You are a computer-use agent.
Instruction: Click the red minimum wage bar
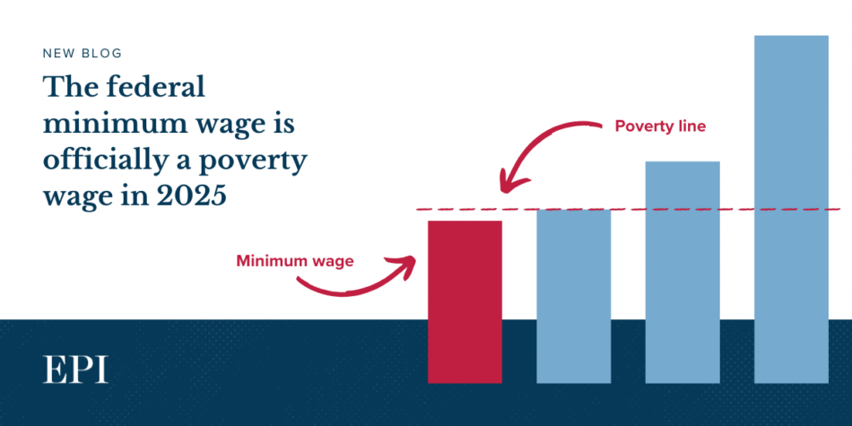[x=465, y=301]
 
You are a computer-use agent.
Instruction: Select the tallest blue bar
[x=791, y=209]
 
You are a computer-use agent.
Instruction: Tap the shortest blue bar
[x=574, y=296]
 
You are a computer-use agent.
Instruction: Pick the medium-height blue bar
[x=682, y=273]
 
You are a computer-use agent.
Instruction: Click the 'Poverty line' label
[x=660, y=126]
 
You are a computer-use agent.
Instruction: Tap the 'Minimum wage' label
[x=295, y=261]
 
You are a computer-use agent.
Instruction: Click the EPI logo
[x=75, y=369]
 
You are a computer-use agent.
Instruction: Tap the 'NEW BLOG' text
[x=82, y=53]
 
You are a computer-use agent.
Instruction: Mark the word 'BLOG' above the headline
[x=103, y=53]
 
